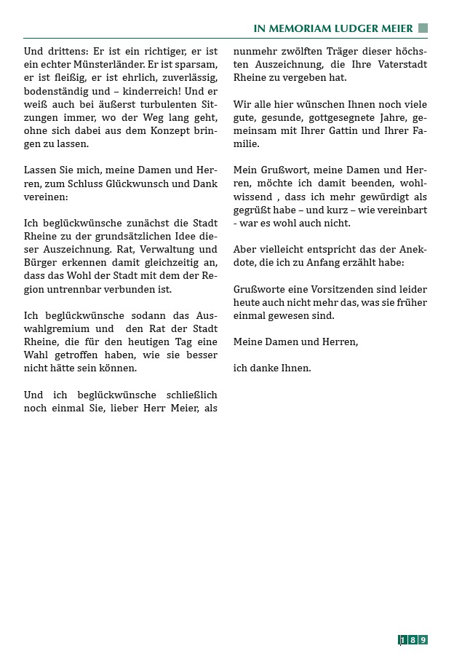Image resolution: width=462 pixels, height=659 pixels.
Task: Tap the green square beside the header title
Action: pos(423,28)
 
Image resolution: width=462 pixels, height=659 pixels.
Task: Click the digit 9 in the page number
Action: pos(423,640)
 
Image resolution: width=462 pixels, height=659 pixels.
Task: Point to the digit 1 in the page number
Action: pos(402,640)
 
